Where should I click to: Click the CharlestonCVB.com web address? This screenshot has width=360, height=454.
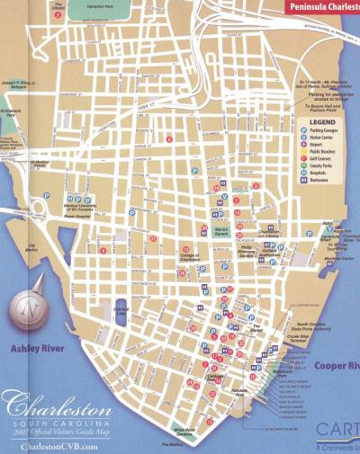click(x=48, y=447)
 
